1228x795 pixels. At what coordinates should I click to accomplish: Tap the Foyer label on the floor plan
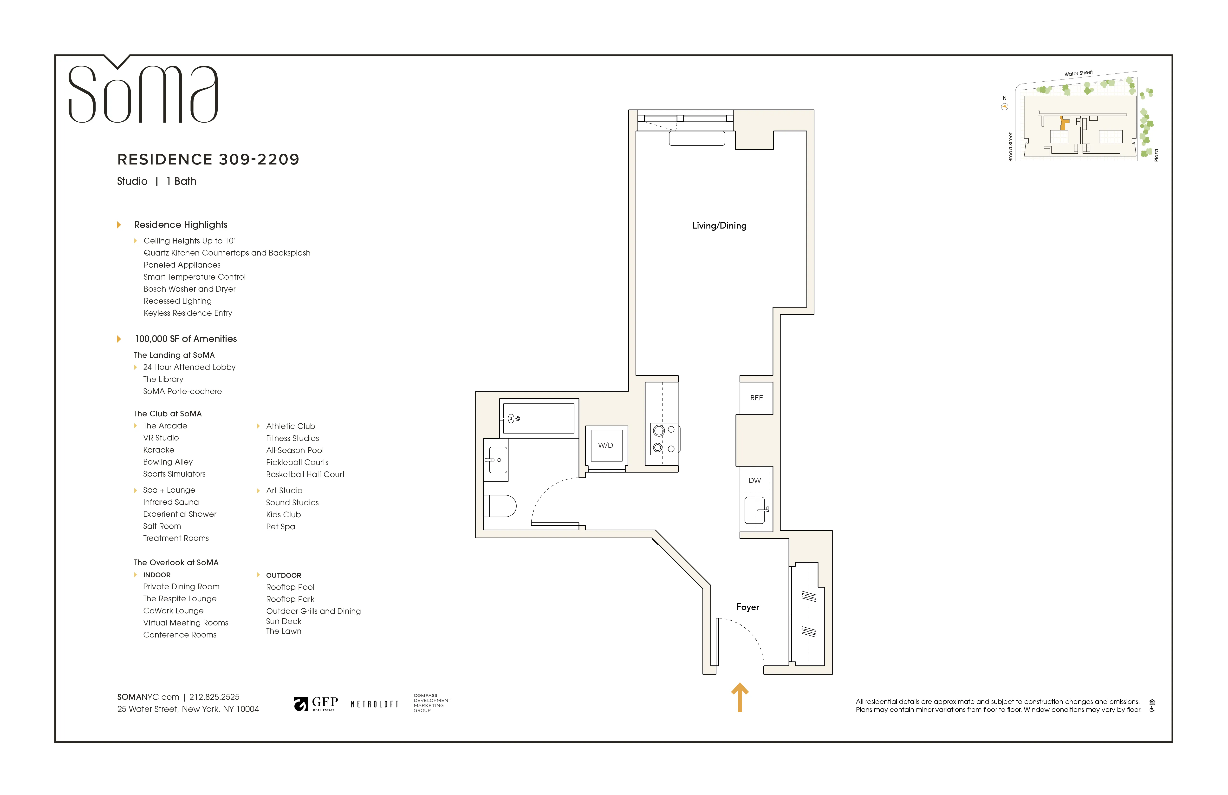(x=747, y=607)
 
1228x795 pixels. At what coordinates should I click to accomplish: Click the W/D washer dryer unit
(x=606, y=446)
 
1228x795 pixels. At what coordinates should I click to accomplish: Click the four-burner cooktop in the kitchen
(x=664, y=439)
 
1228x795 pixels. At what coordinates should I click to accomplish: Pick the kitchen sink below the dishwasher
(x=755, y=510)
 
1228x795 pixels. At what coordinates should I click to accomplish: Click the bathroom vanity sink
(x=497, y=460)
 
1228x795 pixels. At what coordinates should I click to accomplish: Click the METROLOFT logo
(x=375, y=704)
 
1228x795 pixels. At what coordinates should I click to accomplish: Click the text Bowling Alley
(x=168, y=462)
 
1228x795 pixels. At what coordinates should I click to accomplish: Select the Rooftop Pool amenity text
(x=290, y=587)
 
